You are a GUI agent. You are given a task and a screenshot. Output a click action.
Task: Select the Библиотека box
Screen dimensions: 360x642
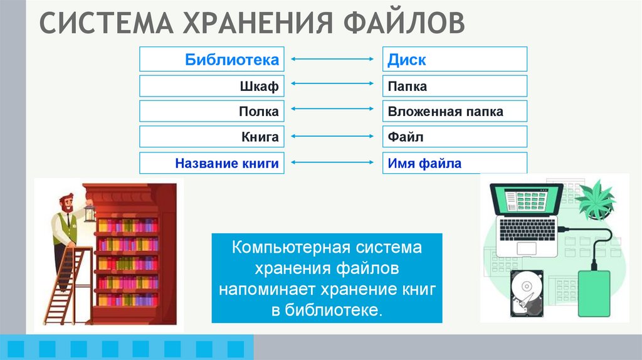pyautogui.click(x=212, y=60)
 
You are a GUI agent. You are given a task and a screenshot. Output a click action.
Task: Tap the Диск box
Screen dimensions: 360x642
pyautogui.click(x=455, y=60)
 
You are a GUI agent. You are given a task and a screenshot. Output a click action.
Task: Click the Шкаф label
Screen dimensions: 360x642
pyautogui.click(x=258, y=86)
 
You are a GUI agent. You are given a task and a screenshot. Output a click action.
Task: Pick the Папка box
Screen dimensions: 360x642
pyautogui.click(x=455, y=86)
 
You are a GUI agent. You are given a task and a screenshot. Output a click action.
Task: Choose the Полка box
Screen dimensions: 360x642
pyautogui.click(x=212, y=112)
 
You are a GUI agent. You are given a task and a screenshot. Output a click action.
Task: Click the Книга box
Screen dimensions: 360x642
pyautogui.click(x=212, y=137)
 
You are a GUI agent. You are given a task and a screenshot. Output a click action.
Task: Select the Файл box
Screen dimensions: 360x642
pyautogui.click(x=455, y=137)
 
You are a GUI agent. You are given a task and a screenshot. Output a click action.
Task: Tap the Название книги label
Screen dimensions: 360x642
pyautogui.click(x=226, y=163)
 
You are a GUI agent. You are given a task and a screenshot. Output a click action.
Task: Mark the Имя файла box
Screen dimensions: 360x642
pyautogui.click(x=455, y=163)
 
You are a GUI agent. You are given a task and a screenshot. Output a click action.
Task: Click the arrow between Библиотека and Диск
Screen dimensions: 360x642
pyautogui.click(x=333, y=60)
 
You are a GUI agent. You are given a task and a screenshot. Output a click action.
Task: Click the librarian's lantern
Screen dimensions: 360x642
pyautogui.click(x=90, y=214)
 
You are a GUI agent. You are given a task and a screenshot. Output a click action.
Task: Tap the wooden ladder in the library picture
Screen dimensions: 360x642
pyautogui.click(x=68, y=282)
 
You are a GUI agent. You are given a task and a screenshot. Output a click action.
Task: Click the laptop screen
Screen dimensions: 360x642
pyautogui.click(x=525, y=200)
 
